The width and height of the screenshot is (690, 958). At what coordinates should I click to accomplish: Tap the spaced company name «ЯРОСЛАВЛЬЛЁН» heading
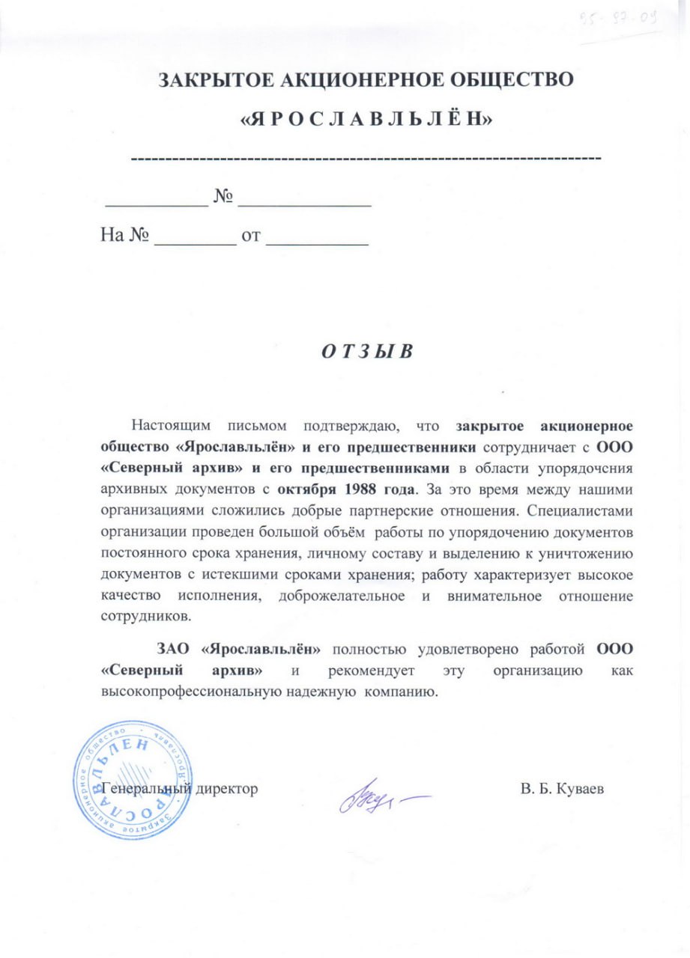click(366, 118)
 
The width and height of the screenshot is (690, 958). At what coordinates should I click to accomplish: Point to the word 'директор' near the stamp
click(225, 789)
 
